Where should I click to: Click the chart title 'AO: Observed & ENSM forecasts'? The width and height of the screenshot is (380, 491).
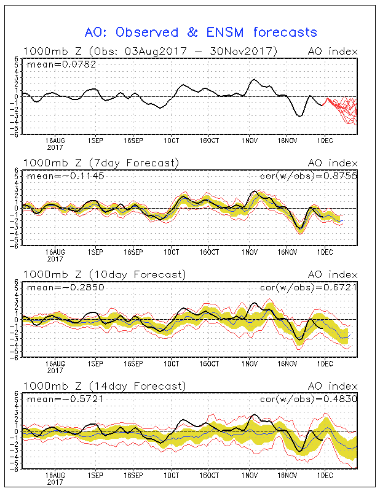pyautogui.click(x=200, y=33)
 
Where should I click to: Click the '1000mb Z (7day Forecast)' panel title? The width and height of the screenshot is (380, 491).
pyautogui.click(x=101, y=163)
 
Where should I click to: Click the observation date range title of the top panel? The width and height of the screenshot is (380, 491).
pyautogui.click(x=150, y=51)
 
